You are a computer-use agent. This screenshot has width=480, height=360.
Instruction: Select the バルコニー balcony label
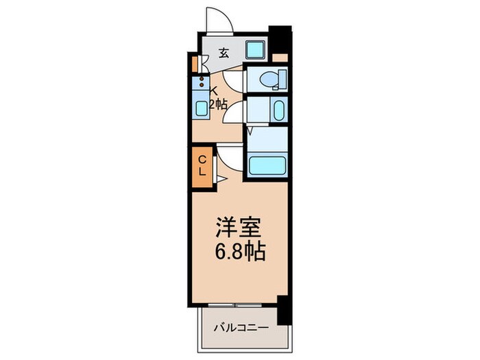pyautogui.click(x=240, y=326)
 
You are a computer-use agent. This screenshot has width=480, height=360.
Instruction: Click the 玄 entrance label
pyautogui.click(x=224, y=53)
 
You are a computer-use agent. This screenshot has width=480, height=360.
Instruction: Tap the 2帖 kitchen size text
pyautogui.click(x=217, y=104)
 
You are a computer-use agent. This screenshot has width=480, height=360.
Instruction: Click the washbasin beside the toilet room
pyautogui.click(x=278, y=110)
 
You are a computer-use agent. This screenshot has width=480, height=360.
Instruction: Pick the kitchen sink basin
pyautogui.click(x=202, y=107)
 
